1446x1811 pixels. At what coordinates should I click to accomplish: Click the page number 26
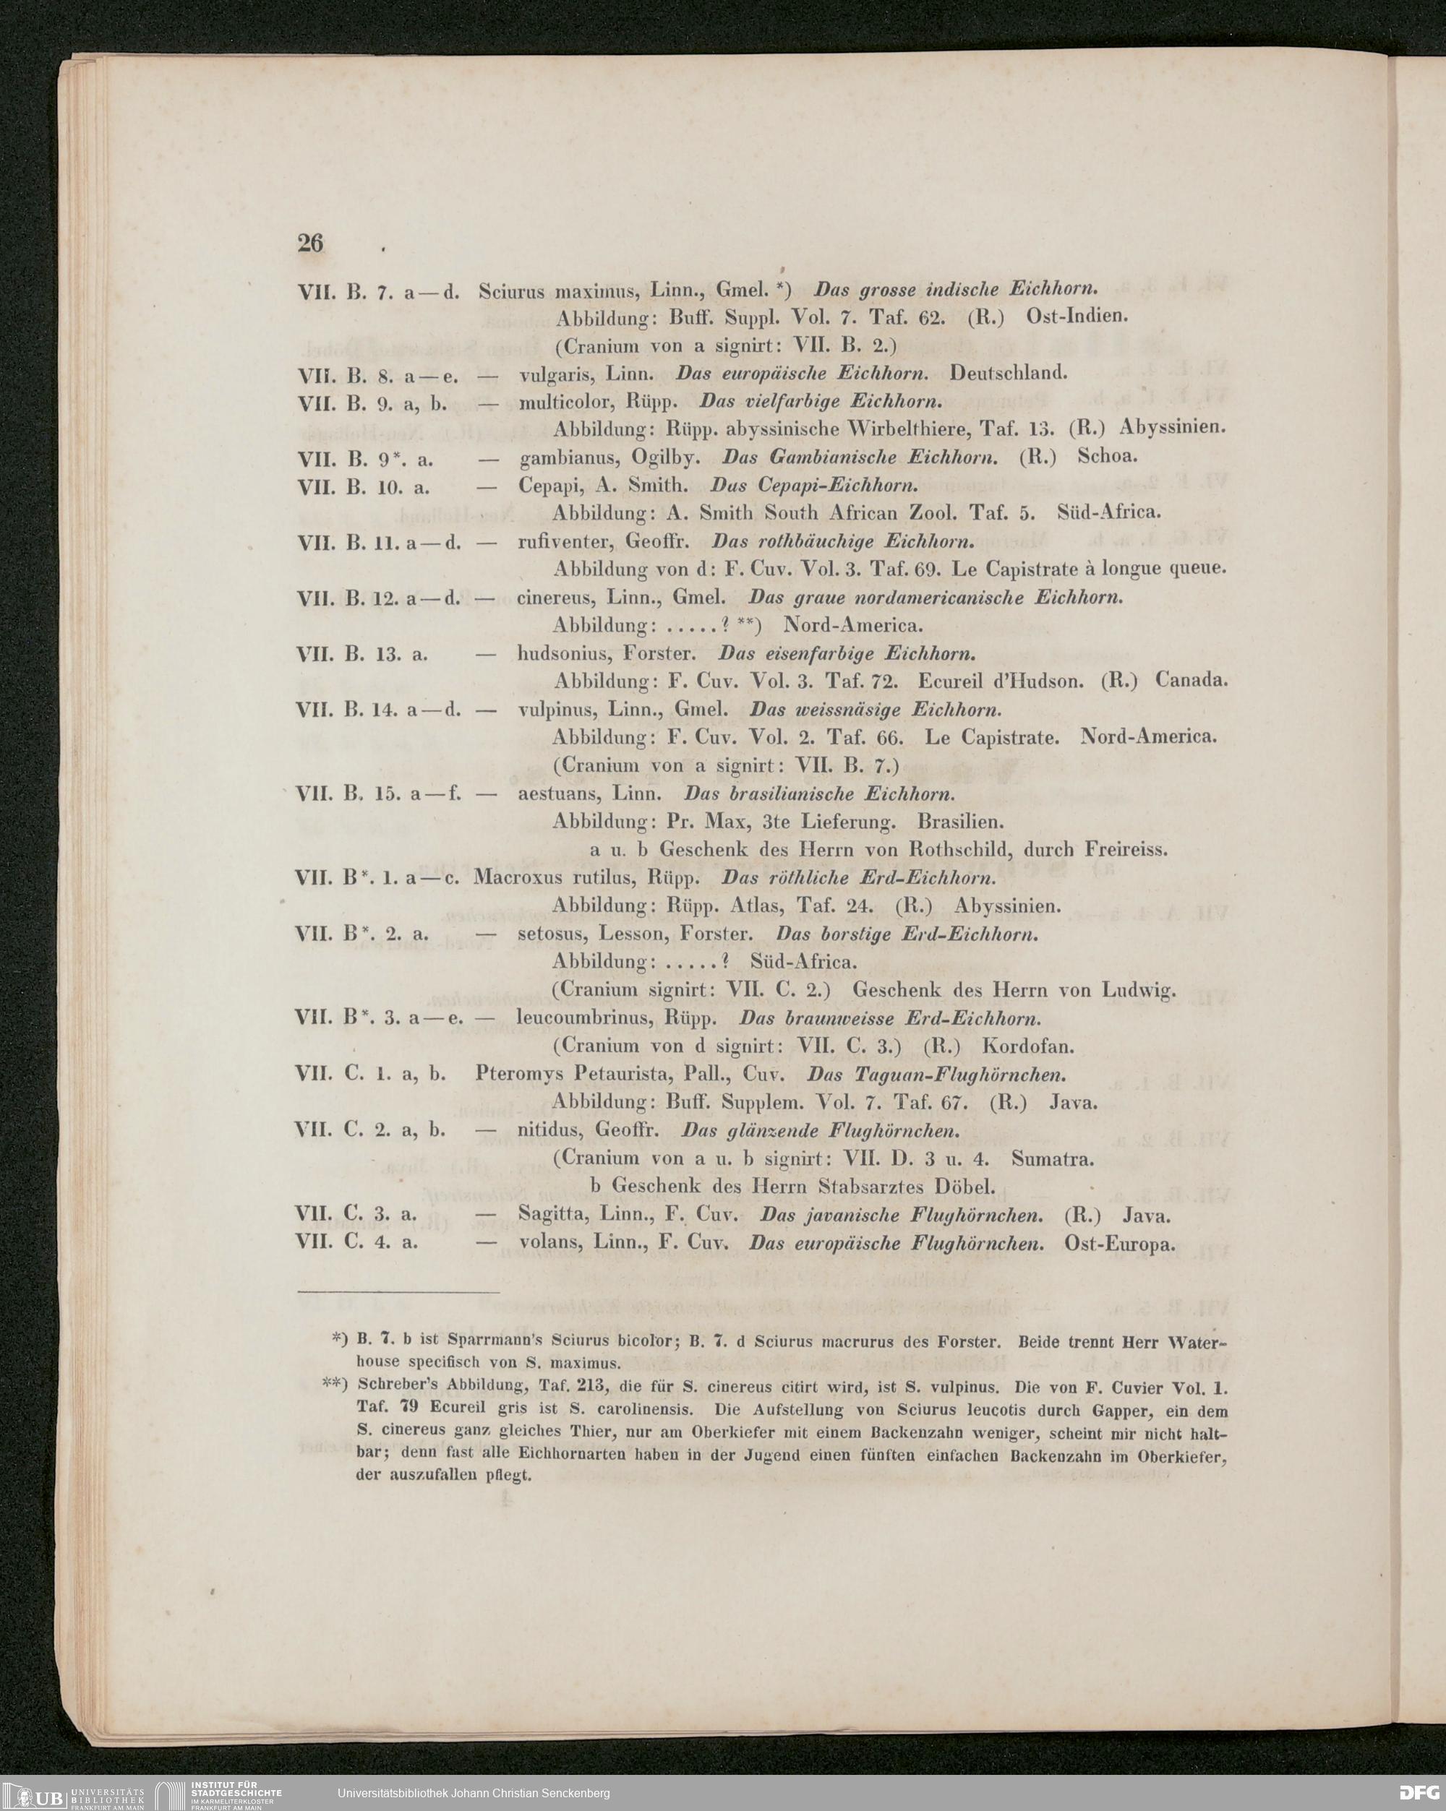point(310,243)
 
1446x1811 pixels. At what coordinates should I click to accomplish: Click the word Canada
point(1192,679)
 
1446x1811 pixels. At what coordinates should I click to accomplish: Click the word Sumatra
point(1053,1159)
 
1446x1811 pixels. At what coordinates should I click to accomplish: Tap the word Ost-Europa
point(1119,1243)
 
